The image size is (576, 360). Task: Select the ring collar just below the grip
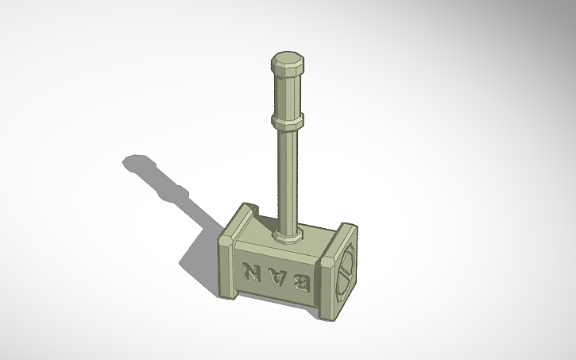tap(287, 121)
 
